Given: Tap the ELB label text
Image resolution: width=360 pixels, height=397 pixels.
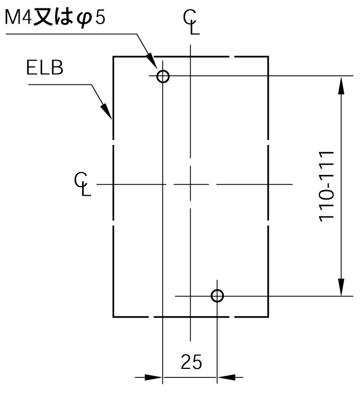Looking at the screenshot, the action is (44, 68).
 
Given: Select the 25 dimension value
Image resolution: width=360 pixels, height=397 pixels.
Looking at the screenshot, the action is (191, 362).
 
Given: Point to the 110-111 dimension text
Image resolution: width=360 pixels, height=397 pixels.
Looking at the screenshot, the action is (326, 187).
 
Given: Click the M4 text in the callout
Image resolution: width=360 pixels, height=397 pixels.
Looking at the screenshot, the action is (18, 18).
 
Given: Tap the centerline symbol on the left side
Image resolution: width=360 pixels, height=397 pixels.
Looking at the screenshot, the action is (83, 184).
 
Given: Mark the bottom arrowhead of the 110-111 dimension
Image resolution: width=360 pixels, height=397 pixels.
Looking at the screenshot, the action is (341, 287).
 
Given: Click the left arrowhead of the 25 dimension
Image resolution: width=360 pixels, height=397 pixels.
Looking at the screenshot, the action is (153, 377).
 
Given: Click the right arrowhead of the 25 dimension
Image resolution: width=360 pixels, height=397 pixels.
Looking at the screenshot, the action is (226, 377).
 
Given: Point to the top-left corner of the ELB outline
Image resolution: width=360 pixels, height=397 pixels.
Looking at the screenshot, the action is (113, 57).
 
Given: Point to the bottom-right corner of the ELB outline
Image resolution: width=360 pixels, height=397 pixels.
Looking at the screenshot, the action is (268, 317).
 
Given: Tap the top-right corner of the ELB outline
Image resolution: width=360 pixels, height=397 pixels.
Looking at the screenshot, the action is (268, 57).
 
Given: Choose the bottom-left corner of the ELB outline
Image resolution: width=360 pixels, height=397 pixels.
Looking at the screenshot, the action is (113, 317).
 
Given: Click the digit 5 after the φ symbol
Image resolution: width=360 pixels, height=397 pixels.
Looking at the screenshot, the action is (100, 18).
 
